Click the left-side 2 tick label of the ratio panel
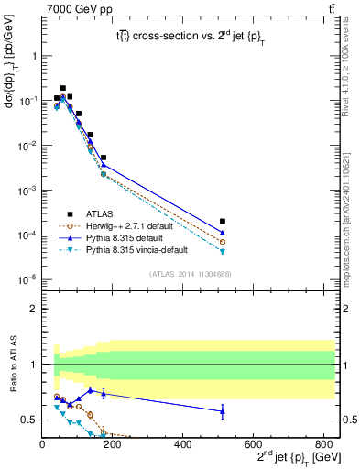[x=34, y=309]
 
